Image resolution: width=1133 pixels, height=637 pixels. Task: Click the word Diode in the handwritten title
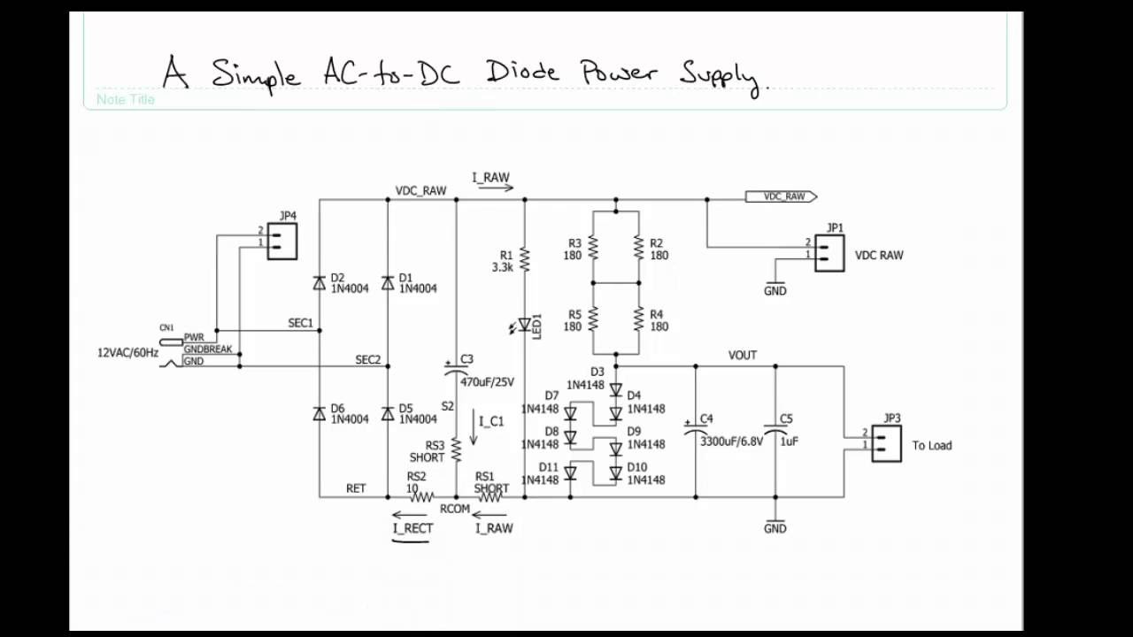point(522,72)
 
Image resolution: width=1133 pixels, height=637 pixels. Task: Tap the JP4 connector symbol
point(281,241)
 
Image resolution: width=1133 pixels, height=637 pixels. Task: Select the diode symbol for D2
point(320,283)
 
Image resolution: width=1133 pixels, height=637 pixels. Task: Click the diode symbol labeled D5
point(388,413)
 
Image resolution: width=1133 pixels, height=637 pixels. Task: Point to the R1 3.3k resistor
point(524,260)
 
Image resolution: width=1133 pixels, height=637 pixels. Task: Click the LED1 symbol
point(524,326)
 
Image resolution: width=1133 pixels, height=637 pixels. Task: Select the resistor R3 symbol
point(593,249)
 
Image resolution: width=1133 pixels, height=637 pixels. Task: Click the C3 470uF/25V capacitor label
point(486,381)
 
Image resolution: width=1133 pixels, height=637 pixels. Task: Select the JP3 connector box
point(886,444)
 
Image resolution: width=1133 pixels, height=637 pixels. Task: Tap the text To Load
point(931,445)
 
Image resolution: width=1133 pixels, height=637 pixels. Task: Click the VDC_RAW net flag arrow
point(781,196)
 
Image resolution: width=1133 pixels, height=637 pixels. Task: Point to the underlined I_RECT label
point(412,528)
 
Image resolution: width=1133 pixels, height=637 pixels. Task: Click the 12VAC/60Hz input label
point(127,353)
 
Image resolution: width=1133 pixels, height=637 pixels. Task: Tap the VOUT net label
point(742,355)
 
